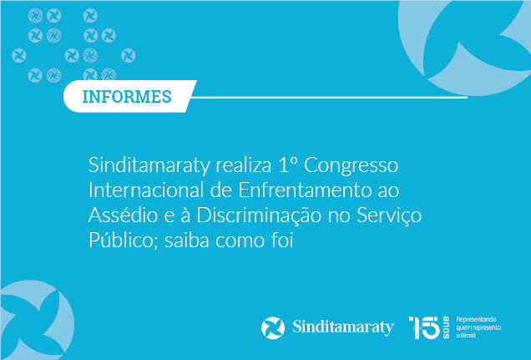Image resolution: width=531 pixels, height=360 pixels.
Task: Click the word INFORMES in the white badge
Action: [127, 97]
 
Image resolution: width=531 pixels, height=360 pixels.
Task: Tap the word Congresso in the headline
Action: [351, 165]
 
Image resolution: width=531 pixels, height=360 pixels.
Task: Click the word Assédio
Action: [123, 215]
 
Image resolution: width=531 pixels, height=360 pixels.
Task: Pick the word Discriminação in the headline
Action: [259, 215]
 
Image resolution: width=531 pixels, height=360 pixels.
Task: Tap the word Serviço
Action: [389, 216]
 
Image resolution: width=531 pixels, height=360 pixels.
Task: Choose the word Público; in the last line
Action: [124, 241]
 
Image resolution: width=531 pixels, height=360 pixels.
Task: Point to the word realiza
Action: [244, 165]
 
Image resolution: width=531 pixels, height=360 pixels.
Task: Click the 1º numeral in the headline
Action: [288, 165]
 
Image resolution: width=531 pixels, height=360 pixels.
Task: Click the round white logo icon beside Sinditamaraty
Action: [273, 327]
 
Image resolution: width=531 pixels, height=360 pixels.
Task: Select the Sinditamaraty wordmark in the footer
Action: [343, 327]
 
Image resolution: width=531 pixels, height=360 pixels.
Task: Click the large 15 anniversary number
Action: [424, 327]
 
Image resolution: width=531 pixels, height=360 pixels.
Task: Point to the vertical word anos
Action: [446, 327]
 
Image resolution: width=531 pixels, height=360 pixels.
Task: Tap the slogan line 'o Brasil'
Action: [466, 336]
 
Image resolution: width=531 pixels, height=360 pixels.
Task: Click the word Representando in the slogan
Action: [476, 319]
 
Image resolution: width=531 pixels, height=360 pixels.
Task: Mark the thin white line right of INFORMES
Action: [329, 97]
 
